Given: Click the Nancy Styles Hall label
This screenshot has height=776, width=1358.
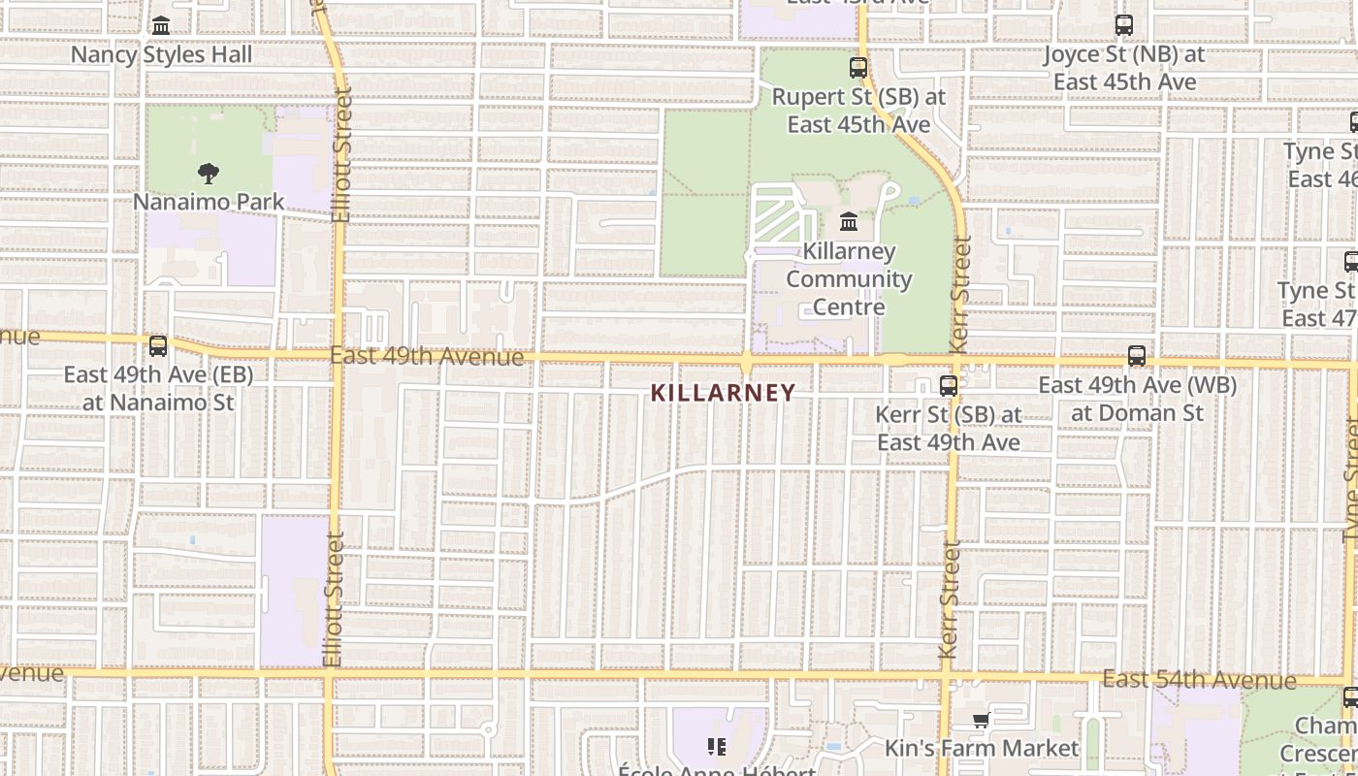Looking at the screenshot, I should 161,54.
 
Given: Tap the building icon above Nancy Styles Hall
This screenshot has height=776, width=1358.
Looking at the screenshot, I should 161,25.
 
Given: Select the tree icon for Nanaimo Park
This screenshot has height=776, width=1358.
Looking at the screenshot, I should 208,174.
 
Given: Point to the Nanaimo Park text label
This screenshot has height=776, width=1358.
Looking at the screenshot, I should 209,202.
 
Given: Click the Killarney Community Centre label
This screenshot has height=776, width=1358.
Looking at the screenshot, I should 849,279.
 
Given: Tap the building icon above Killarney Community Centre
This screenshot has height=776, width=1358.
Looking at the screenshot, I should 849,222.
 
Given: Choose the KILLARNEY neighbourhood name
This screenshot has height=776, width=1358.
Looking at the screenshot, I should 724,393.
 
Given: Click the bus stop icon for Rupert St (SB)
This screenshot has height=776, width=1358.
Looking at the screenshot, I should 858,68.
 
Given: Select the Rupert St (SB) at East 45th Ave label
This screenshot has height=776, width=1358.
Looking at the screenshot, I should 858,111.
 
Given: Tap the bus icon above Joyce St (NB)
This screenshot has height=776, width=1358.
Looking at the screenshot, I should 1124,25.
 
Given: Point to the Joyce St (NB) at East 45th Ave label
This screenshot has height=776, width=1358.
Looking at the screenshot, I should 1124,68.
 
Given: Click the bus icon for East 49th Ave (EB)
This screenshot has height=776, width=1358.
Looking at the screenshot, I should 158,345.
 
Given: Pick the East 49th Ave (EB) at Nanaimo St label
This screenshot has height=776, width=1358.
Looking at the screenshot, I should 158,388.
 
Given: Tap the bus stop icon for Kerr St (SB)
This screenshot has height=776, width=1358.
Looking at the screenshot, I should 949,385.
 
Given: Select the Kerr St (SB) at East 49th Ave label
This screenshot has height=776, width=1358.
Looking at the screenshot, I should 949,428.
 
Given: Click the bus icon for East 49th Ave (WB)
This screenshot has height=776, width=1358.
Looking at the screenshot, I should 1137,356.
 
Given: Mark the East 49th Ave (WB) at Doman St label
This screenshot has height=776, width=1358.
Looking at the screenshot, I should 1137,399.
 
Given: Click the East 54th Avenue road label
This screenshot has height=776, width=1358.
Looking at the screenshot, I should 1199,679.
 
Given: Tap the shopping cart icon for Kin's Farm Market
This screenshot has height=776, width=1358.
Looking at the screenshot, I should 981,721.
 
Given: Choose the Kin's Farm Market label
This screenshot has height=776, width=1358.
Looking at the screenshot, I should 981,748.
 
